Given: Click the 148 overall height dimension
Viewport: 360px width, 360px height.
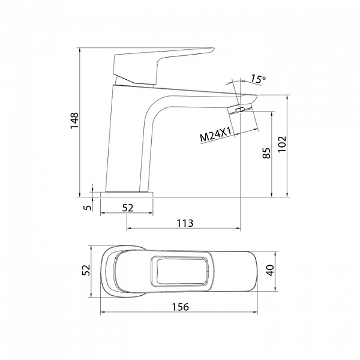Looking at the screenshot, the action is click(x=74, y=121).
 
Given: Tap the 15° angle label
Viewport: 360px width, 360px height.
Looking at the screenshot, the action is click(x=257, y=79).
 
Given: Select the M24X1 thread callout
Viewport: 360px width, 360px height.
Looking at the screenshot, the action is click(x=215, y=134).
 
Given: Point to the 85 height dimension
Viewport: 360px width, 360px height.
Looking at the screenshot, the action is click(x=266, y=153).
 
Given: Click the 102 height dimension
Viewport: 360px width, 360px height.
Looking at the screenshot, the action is click(x=282, y=144).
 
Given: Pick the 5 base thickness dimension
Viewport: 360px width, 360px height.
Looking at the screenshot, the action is click(x=88, y=208).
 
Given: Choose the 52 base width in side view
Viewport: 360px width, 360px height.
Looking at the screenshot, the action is click(x=128, y=208).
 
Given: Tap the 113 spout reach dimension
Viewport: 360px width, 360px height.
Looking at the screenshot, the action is click(x=185, y=223).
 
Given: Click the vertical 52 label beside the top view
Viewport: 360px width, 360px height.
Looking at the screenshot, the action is click(x=86, y=270).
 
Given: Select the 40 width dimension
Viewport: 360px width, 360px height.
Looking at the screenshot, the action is click(x=271, y=270).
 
